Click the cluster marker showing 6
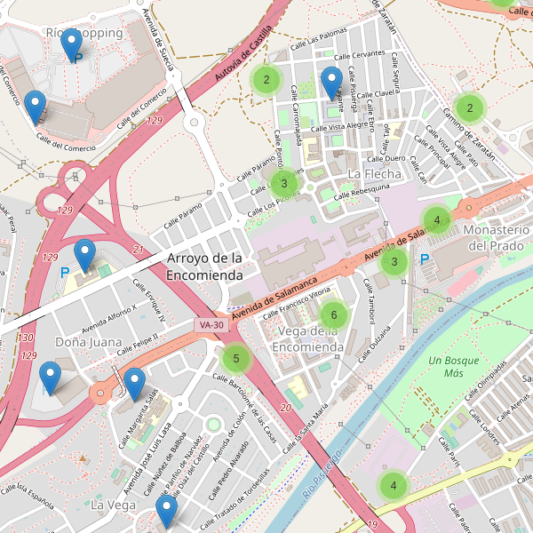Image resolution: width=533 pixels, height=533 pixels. click(333, 314)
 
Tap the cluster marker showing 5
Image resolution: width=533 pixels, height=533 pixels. click(235, 360)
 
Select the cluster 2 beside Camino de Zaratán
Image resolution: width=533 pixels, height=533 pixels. click(469, 107)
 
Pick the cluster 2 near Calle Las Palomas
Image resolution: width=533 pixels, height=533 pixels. click(265, 80)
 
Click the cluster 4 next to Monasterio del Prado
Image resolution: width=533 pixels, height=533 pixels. click(436, 219)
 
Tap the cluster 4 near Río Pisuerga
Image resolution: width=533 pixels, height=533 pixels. click(393, 486)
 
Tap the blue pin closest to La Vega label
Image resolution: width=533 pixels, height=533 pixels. click(166, 511)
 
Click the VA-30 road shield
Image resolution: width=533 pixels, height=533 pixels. click(211, 326)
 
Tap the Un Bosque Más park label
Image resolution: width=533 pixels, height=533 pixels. click(453, 367)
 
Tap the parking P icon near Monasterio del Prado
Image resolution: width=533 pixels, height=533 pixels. click(425, 259)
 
